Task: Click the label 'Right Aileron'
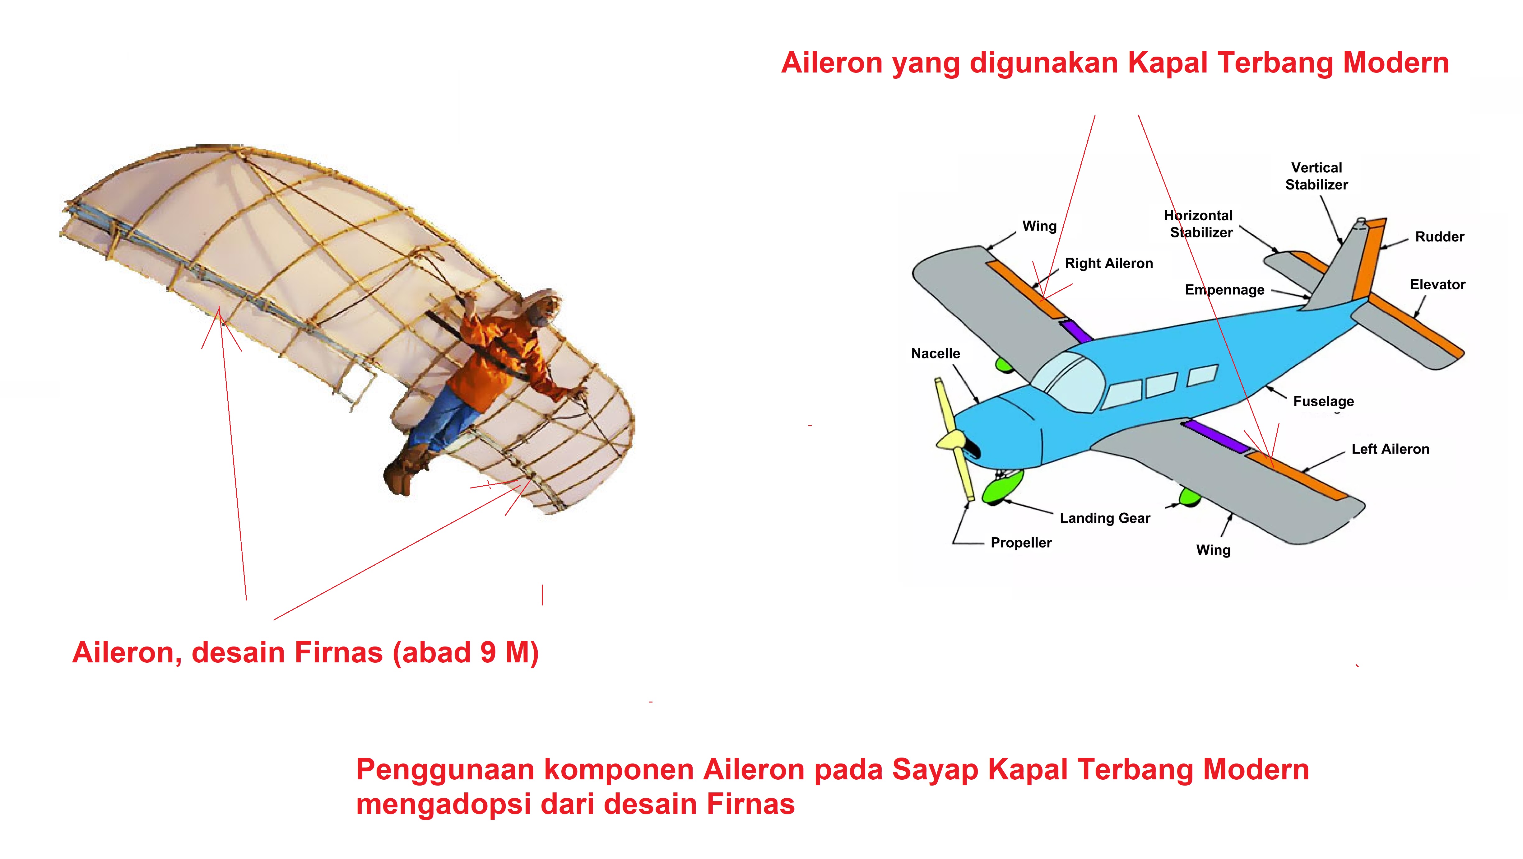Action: (x=1108, y=263)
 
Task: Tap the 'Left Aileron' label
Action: (x=1390, y=449)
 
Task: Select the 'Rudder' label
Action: (x=1440, y=237)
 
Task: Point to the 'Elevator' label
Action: (x=1437, y=285)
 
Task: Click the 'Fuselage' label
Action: (x=1323, y=401)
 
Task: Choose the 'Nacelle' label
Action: (x=935, y=353)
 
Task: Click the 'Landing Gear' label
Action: (x=1104, y=518)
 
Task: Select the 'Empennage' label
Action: (x=1224, y=290)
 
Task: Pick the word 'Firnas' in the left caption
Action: (x=338, y=652)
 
